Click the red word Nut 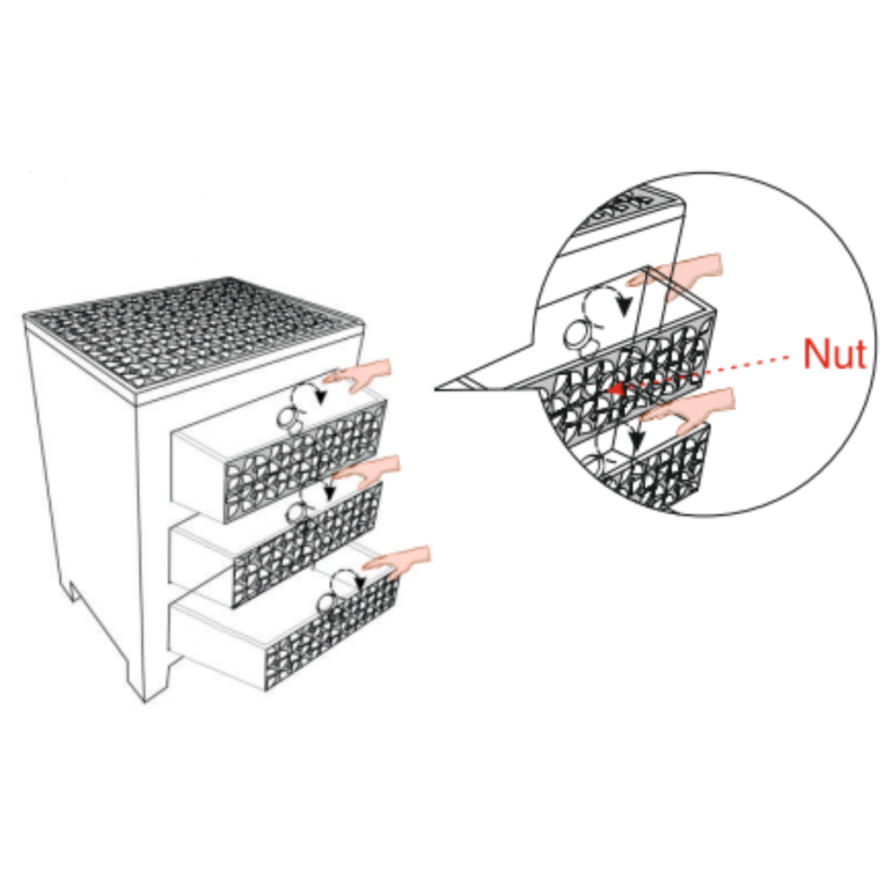coord(834,353)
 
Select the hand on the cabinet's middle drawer coord(368,471)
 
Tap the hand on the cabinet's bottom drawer coord(397,562)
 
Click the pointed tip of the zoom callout coord(436,389)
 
